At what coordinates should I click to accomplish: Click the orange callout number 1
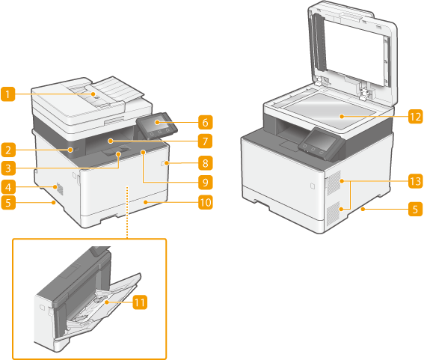pyautogui.click(x=7, y=94)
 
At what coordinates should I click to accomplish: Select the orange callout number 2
pyautogui.click(x=7, y=150)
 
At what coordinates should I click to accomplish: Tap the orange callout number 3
pyautogui.click(x=7, y=168)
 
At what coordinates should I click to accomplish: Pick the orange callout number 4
pyautogui.click(x=7, y=187)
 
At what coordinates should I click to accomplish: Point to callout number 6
pyautogui.click(x=205, y=122)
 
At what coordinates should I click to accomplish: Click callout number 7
pyautogui.click(x=205, y=141)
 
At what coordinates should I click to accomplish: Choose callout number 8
pyautogui.click(x=205, y=163)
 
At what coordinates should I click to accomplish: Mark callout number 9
pyautogui.click(x=205, y=183)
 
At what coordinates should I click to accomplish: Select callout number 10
pyautogui.click(x=205, y=202)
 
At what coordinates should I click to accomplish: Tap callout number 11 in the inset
pyautogui.click(x=140, y=302)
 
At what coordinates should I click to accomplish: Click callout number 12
pyautogui.click(x=415, y=117)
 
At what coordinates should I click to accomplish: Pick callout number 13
pyautogui.click(x=415, y=181)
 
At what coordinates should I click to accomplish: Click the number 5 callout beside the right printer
pyautogui.click(x=415, y=209)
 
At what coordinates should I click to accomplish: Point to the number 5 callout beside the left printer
pyautogui.click(x=7, y=203)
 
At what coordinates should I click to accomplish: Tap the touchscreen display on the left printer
pyautogui.click(x=157, y=122)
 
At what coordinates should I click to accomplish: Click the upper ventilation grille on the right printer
pyautogui.click(x=334, y=183)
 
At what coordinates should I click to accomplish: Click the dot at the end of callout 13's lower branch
pyautogui.click(x=342, y=209)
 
